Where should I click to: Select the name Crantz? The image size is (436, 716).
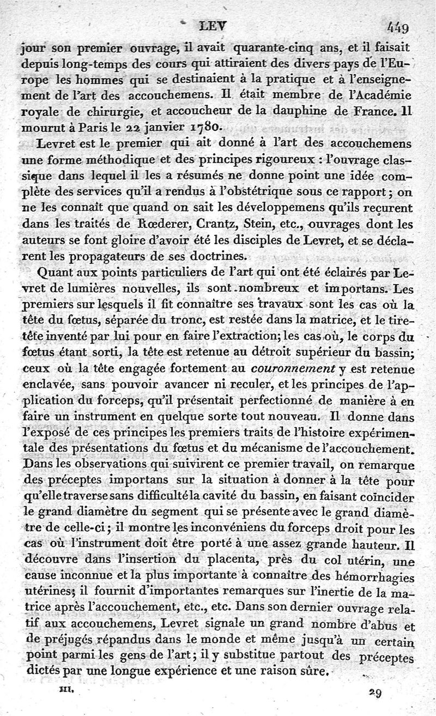tap(217, 224)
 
